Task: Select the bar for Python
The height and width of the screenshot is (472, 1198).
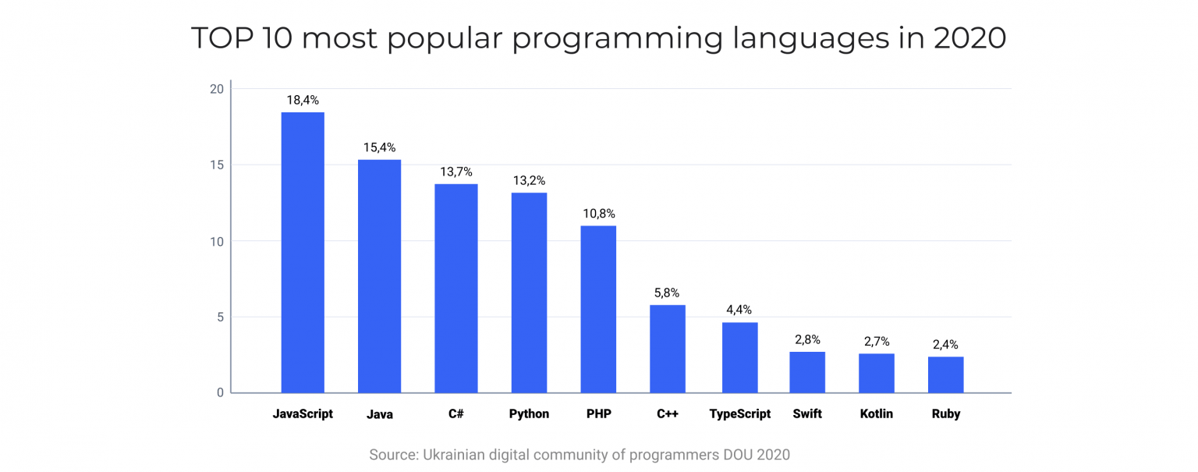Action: [529, 293]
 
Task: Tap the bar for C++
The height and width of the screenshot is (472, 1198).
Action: [668, 349]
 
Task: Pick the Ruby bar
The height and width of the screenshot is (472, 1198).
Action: [945, 374]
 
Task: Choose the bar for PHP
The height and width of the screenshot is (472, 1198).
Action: [598, 309]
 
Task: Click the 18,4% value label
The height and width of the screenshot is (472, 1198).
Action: [303, 100]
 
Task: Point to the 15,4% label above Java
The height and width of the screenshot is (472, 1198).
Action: [379, 147]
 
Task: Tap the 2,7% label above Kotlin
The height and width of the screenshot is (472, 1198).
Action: [876, 341]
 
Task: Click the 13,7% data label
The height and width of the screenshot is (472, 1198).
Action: [455, 172]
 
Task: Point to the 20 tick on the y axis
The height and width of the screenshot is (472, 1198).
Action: [216, 89]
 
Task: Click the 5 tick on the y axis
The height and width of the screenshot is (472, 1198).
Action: [220, 317]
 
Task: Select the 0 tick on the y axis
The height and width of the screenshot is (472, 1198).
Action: [220, 392]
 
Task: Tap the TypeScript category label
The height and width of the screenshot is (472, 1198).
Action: [739, 414]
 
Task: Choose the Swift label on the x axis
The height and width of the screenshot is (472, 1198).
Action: [806, 414]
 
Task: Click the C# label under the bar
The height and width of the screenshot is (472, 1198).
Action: [455, 414]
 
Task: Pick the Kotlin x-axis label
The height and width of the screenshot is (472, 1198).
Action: [876, 414]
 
